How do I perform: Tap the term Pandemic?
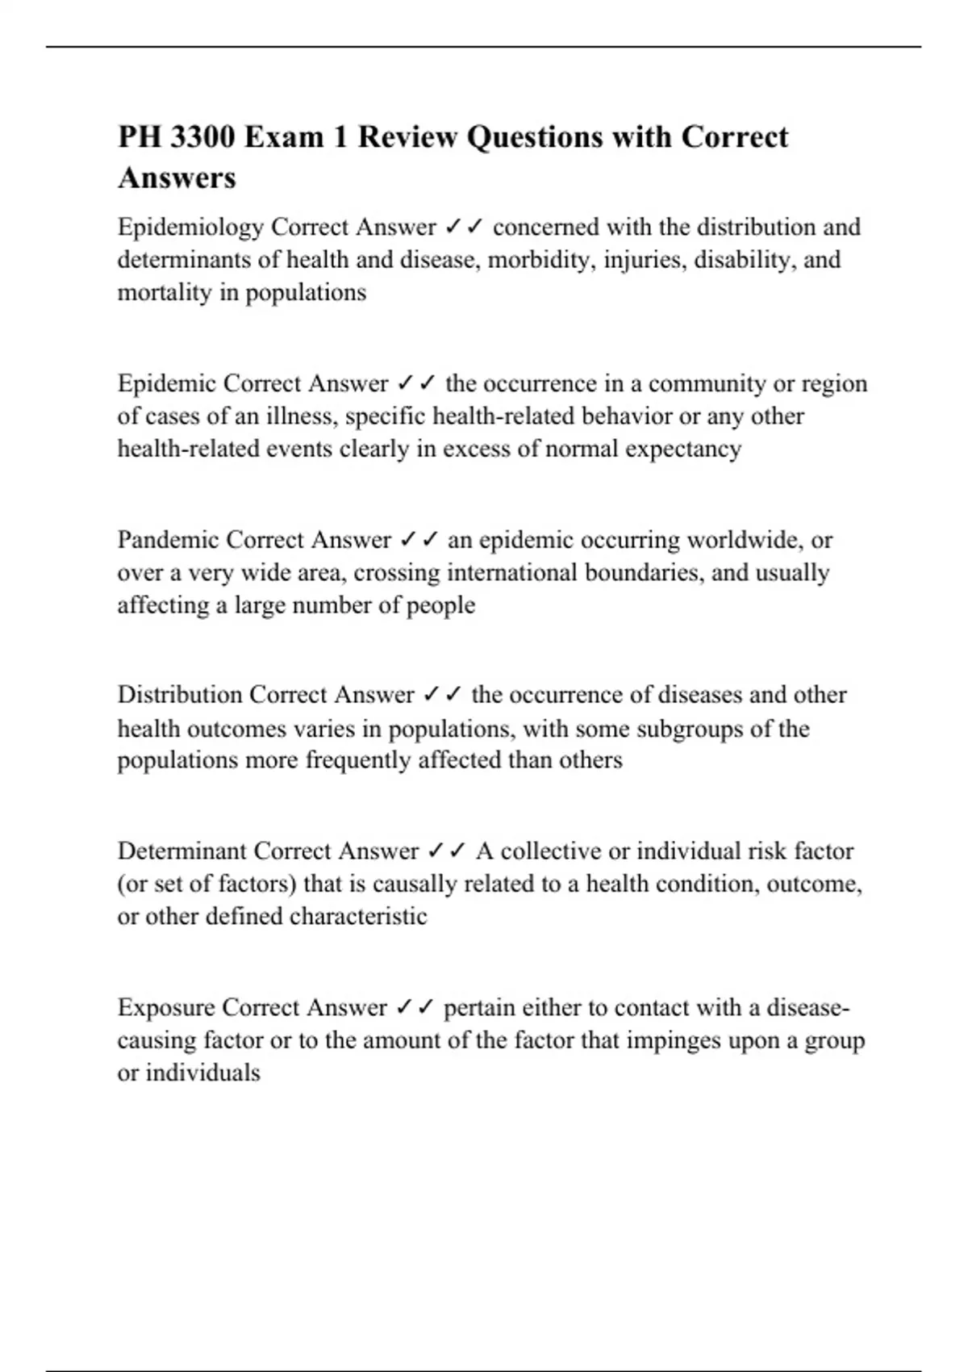coord(169,539)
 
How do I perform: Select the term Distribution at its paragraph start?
coord(180,695)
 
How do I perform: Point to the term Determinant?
coord(182,851)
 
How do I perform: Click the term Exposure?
coord(166,1007)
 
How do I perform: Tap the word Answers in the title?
coord(177,178)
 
